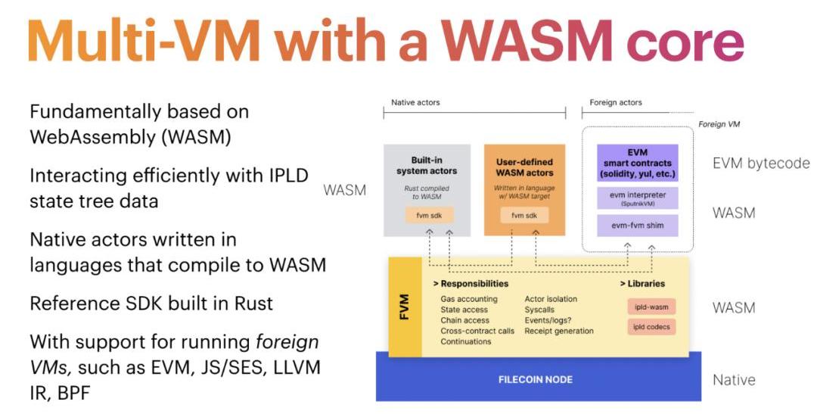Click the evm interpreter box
click(637, 198)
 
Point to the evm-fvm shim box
click(637, 225)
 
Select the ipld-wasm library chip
click(651, 307)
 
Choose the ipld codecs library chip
click(651, 328)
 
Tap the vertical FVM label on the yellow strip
click(405, 307)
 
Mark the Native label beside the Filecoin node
click(734, 379)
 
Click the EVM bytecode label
click(761, 163)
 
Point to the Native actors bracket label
click(415, 102)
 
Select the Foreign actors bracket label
click(615, 102)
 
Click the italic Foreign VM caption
click(719, 123)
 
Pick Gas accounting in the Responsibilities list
click(469, 299)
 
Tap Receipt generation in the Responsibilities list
click(559, 331)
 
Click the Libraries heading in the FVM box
click(642, 284)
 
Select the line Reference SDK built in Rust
click(151, 303)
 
